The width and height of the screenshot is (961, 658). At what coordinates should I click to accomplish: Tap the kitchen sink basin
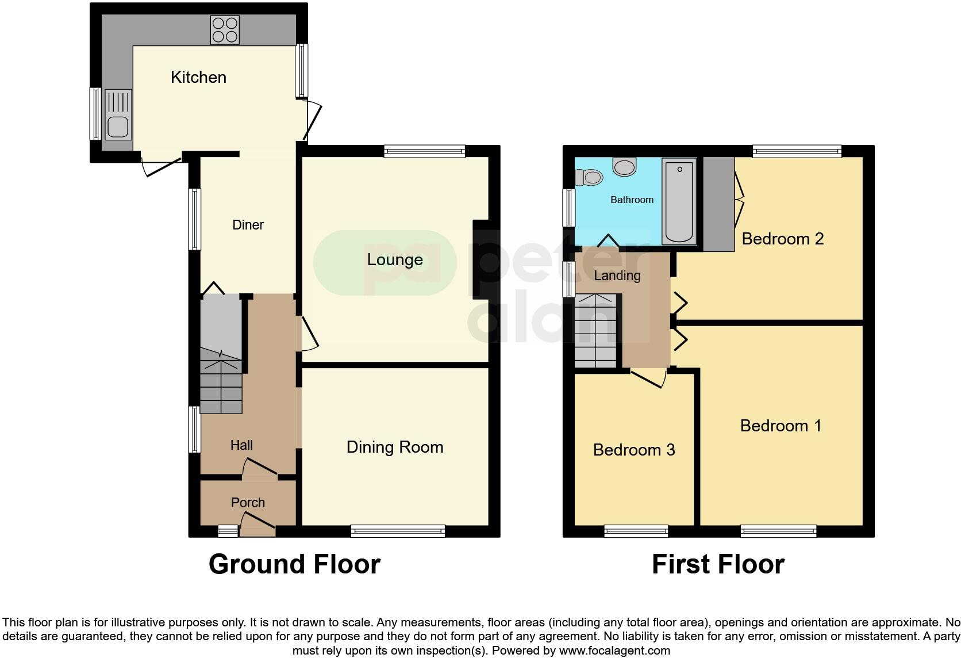[118, 127]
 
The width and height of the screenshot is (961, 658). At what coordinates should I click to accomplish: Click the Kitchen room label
[198, 77]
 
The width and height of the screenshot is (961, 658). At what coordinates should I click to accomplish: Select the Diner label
[248, 225]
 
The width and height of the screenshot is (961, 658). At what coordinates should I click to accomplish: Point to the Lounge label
[395, 260]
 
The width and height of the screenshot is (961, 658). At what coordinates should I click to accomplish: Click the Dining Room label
[395, 447]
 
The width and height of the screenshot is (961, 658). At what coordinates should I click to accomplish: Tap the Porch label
[248, 503]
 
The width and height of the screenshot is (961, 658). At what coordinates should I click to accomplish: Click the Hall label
[241, 445]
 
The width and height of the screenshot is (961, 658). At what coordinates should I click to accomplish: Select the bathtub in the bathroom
[679, 201]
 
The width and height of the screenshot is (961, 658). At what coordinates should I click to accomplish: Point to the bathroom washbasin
[624, 167]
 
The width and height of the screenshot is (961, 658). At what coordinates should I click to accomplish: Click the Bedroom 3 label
[633, 450]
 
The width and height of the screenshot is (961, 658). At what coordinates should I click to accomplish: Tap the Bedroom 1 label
[781, 426]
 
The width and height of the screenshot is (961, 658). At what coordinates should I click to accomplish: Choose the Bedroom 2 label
[782, 239]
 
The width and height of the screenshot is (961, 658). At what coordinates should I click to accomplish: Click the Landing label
[617, 276]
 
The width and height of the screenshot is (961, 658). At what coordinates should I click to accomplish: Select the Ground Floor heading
[294, 564]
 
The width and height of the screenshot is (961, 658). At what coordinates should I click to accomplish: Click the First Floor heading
[718, 564]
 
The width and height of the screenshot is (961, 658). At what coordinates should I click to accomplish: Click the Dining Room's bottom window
[398, 531]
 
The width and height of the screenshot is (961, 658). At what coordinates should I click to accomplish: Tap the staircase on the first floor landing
[596, 331]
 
